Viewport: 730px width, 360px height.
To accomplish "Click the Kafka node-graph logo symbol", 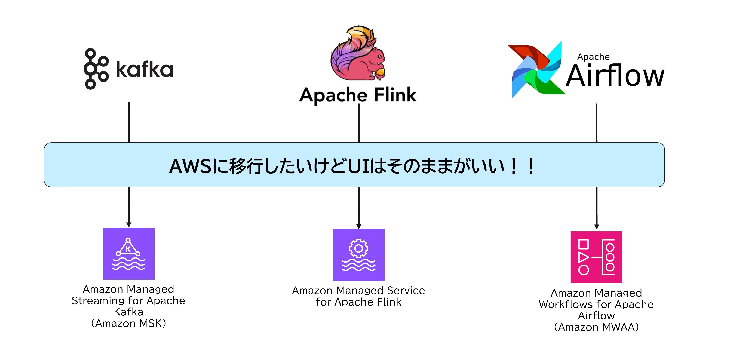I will coord(96,69).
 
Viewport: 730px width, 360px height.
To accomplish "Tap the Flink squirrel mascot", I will coord(358,54).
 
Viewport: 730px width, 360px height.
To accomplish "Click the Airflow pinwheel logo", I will coord(536,70).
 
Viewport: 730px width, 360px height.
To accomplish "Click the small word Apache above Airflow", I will coord(594,57).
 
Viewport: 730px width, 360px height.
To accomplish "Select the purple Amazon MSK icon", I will coord(129,254).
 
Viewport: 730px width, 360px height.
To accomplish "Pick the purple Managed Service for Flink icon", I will coord(358,254).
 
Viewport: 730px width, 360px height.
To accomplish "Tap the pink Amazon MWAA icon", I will coord(596,257).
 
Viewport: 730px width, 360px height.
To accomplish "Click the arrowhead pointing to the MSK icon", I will coord(129,225).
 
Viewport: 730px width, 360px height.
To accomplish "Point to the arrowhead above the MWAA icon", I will coord(597,227).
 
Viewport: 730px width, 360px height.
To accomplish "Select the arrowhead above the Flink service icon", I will coord(359,226).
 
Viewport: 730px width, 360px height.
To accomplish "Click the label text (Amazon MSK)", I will coord(128,323).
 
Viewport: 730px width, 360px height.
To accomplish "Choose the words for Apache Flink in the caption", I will coord(358,302).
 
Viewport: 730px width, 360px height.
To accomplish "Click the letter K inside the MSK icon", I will coord(128,249).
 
